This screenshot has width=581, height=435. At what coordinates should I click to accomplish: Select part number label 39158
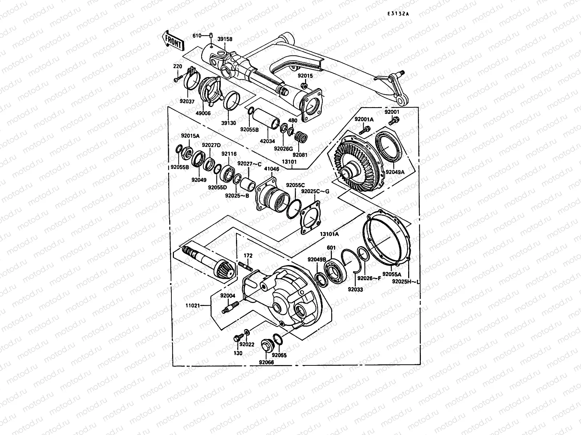point(225,39)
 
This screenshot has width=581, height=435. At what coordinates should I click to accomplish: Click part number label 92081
point(300,155)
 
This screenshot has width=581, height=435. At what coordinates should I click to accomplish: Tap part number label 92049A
point(395,172)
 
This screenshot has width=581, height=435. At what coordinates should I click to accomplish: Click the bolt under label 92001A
point(366,129)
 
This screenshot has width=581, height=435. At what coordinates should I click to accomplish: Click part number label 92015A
point(190,136)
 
